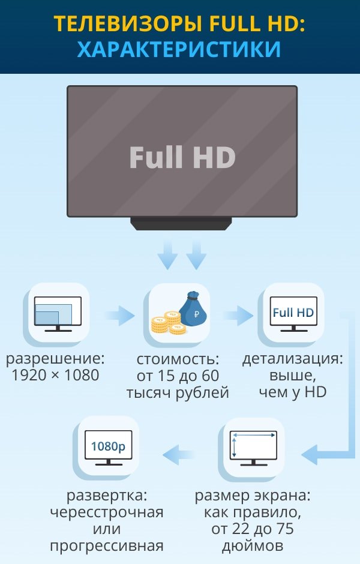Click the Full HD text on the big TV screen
pyautogui.click(x=182, y=157)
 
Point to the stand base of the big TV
pyautogui.click(x=181, y=223)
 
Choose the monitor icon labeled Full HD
pyautogui.click(x=293, y=314)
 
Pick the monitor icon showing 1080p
pyautogui.click(x=109, y=448)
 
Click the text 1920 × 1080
pyautogui.click(x=55, y=376)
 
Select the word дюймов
pyautogui.click(x=252, y=547)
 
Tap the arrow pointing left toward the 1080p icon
pyautogui.click(x=179, y=454)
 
